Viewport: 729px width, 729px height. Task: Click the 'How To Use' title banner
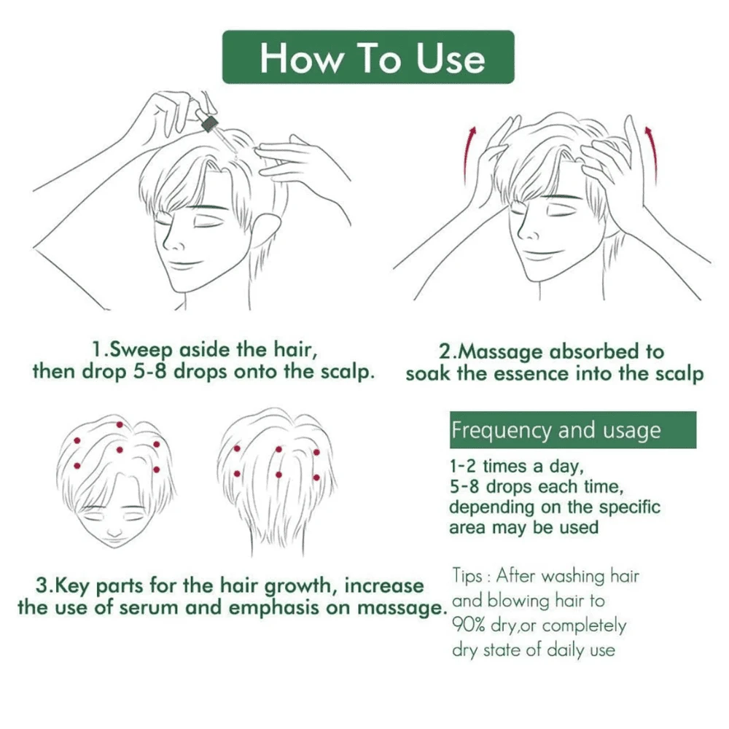pyautogui.click(x=368, y=57)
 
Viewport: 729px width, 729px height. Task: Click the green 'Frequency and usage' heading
pyautogui.click(x=572, y=430)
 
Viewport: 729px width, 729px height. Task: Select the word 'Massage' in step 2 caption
pyautogui.click(x=499, y=351)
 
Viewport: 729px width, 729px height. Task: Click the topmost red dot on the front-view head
pyautogui.click(x=119, y=424)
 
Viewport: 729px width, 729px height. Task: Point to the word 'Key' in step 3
pyautogui.click(x=67, y=585)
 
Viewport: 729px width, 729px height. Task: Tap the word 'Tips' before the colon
pyautogui.click(x=467, y=576)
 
